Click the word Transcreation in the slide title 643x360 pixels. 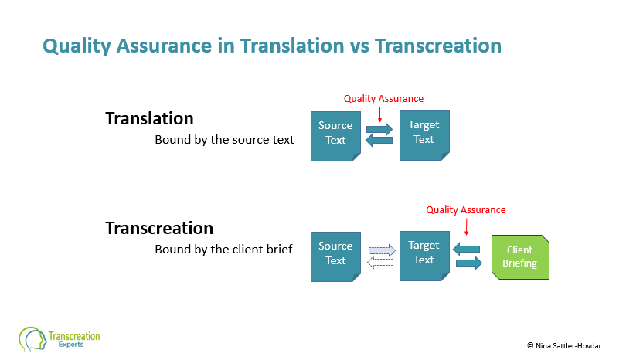click(438, 46)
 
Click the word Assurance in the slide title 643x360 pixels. click(164, 46)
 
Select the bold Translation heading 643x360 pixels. click(149, 118)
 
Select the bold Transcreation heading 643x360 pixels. click(159, 229)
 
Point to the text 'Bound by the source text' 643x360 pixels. click(224, 140)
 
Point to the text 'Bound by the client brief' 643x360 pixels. click(223, 250)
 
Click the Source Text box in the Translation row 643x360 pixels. click(335, 136)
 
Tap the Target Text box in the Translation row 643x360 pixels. click(424, 135)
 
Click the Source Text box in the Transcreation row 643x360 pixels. click(335, 256)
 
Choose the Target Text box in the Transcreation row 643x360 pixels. click(424, 256)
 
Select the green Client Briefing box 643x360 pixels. click(520, 257)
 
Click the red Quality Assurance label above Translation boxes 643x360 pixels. click(383, 99)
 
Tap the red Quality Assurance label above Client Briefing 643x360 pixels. click(466, 210)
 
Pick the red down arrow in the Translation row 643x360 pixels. click(379, 114)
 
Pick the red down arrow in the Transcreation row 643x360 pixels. click(466, 226)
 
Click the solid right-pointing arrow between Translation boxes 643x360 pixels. click(379, 129)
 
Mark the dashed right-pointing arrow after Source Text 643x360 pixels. click(382, 250)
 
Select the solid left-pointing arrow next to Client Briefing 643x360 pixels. click(466, 249)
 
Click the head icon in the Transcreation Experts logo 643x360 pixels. click(32, 339)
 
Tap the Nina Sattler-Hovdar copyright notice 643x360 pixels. click(564, 345)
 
